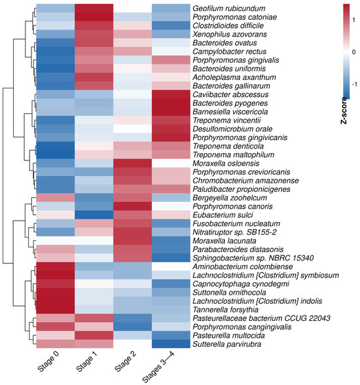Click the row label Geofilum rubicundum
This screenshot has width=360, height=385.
click(x=228, y=9)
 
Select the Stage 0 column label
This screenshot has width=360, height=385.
click(x=48, y=361)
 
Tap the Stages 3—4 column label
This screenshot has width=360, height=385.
click(x=158, y=367)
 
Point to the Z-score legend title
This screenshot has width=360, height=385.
click(x=344, y=111)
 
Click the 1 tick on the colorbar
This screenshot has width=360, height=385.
click(x=353, y=20)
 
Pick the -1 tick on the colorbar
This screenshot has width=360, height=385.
click(x=354, y=84)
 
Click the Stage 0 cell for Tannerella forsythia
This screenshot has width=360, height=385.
click(x=56, y=310)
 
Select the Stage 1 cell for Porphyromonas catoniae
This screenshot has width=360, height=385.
click(x=94, y=17)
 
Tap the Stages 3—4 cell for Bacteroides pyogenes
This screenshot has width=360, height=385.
click(x=171, y=103)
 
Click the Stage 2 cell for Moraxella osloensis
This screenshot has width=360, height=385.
click(x=132, y=163)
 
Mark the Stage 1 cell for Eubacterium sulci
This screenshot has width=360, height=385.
click(x=94, y=215)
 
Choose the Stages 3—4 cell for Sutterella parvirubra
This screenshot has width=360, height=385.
click(x=171, y=344)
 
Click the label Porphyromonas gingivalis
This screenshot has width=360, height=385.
click(x=236, y=60)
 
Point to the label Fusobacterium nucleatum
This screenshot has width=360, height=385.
click(x=236, y=224)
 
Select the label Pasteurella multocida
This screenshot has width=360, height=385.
click(x=228, y=335)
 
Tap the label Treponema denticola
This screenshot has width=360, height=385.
click(x=228, y=146)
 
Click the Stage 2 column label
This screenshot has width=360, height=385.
click(x=126, y=361)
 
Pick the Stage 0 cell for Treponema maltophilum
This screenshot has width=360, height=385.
click(x=56, y=155)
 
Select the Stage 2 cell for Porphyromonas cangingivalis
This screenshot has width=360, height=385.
click(x=132, y=327)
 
